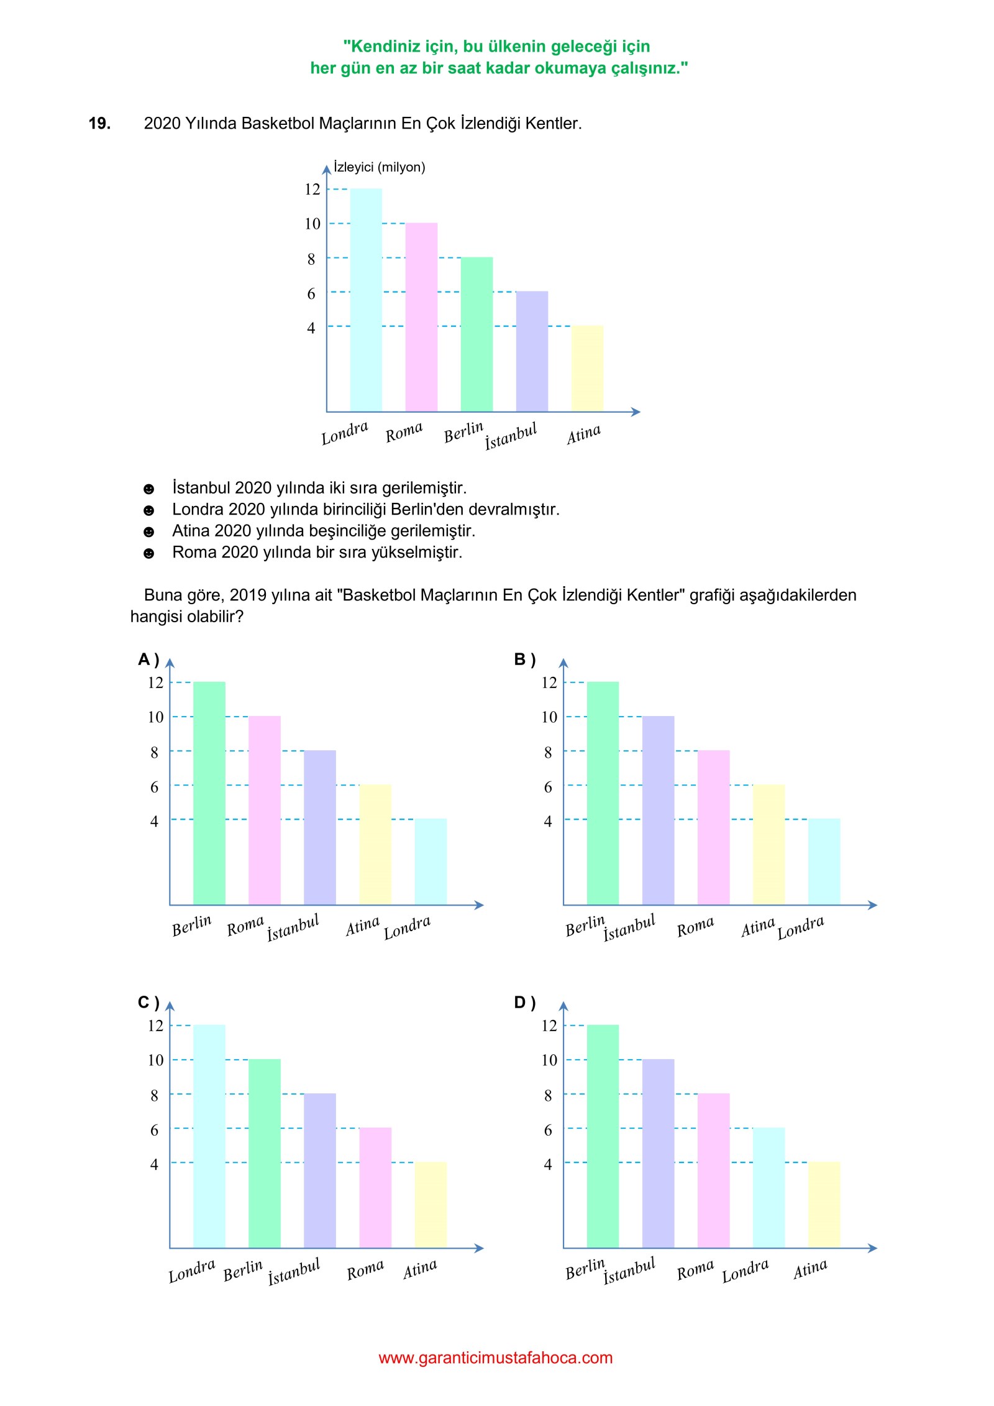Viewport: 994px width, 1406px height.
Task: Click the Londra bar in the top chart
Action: (366, 300)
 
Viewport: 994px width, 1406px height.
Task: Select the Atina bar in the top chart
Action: (587, 368)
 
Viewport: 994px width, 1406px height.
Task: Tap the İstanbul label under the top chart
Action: (511, 436)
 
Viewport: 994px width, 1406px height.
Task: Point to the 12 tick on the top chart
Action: (312, 189)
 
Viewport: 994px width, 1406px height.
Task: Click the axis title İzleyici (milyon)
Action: (380, 167)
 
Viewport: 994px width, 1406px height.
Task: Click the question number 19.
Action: (99, 123)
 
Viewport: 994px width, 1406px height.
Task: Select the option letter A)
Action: (148, 659)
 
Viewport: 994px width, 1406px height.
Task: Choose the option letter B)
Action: (525, 659)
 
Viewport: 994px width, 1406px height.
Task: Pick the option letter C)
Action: (148, 1002)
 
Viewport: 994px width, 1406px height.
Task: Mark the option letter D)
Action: (525, 1002)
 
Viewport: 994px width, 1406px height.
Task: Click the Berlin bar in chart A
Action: (209, 793)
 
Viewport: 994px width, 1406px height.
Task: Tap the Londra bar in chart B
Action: (824, 862)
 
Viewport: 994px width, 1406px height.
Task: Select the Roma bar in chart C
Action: (375, 1187)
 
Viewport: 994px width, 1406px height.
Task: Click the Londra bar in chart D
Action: (768, 1187)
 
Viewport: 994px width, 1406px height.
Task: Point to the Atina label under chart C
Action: (420, 1269)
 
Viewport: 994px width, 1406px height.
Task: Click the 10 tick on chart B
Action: (549, 717)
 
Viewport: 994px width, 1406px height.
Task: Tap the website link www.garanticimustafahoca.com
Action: (496, 1358)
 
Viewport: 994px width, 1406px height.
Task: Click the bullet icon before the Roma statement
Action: (148, 553)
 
